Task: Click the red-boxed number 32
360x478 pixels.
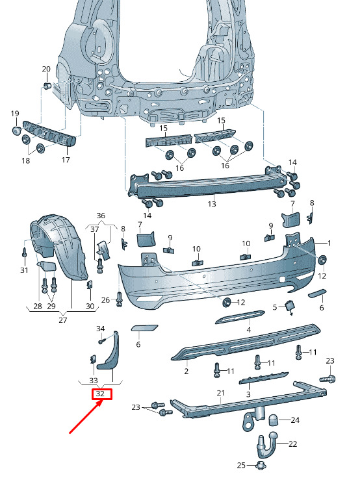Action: [x=100, y=394]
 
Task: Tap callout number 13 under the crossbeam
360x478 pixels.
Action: [x=212, y=204]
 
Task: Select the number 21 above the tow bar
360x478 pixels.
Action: [x=220, y=394]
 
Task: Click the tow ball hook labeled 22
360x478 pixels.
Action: [x=266, y=445]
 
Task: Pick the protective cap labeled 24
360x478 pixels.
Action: [x=274, y=420]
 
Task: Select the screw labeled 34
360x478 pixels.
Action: [x=102, y=341]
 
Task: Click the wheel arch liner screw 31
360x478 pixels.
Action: [x=25, y=253]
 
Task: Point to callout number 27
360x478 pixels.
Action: [x=62, y=320]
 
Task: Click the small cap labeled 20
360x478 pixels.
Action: [x=47, y=85]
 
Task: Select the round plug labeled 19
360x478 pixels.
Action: [x=16, y=130]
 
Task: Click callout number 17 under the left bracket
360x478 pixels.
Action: [x=66, y=160]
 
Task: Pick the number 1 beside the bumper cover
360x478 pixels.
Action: [x=329, y=243]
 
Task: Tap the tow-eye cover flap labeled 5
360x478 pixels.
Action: [x=289, y=307]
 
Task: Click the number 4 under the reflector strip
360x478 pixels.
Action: [x=249, y=330]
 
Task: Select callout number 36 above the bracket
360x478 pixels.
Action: [x=101, y=216]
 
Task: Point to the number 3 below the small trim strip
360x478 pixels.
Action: [x=248, y=394]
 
